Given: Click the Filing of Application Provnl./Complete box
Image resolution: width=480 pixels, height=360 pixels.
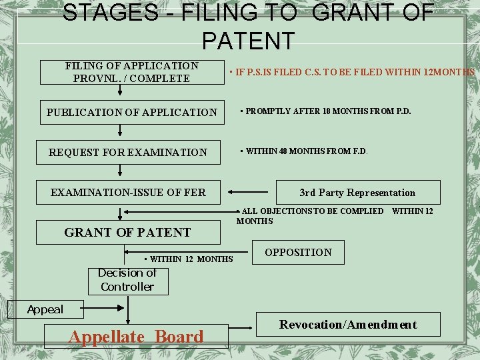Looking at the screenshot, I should (132, 72).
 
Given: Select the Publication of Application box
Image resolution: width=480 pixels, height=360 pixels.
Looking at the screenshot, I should (132, 113).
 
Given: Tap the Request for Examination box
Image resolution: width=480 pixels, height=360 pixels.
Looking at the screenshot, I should (128, 153).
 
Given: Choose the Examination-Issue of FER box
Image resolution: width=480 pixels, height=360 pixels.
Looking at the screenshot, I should (129, 193).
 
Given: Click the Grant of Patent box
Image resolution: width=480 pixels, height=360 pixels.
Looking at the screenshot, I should (128, 232).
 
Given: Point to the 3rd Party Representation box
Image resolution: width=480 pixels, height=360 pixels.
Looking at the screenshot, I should (357, 193).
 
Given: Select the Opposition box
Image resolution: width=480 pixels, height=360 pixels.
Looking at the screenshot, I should (298, 252).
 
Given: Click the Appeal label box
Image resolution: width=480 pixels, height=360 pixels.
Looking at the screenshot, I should (45, 309).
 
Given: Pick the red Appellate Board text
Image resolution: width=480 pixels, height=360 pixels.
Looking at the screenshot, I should (136, 337).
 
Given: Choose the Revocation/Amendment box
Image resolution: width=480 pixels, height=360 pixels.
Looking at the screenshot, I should (348, 325).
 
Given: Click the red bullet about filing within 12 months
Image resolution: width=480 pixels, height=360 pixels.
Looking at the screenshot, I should (351, 72).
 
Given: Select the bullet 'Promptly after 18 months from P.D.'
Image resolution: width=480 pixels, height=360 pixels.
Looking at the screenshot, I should (326, 111).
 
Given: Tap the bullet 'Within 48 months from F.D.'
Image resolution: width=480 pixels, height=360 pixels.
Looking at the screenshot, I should (304, 151).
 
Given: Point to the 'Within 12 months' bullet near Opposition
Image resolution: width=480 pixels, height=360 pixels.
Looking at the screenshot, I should (189, 259).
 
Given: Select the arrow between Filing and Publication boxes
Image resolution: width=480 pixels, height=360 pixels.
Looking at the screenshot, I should (121, 93).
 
